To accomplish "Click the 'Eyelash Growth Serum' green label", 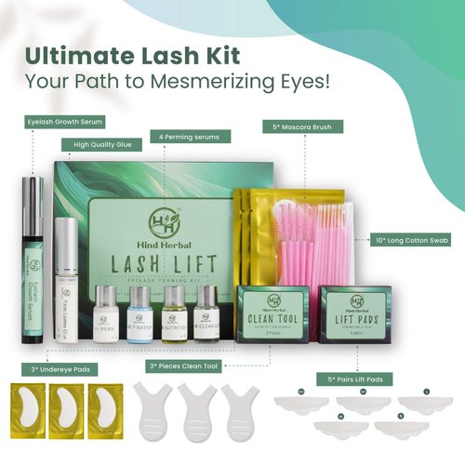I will pyautogui.click(x=64, y=122).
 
